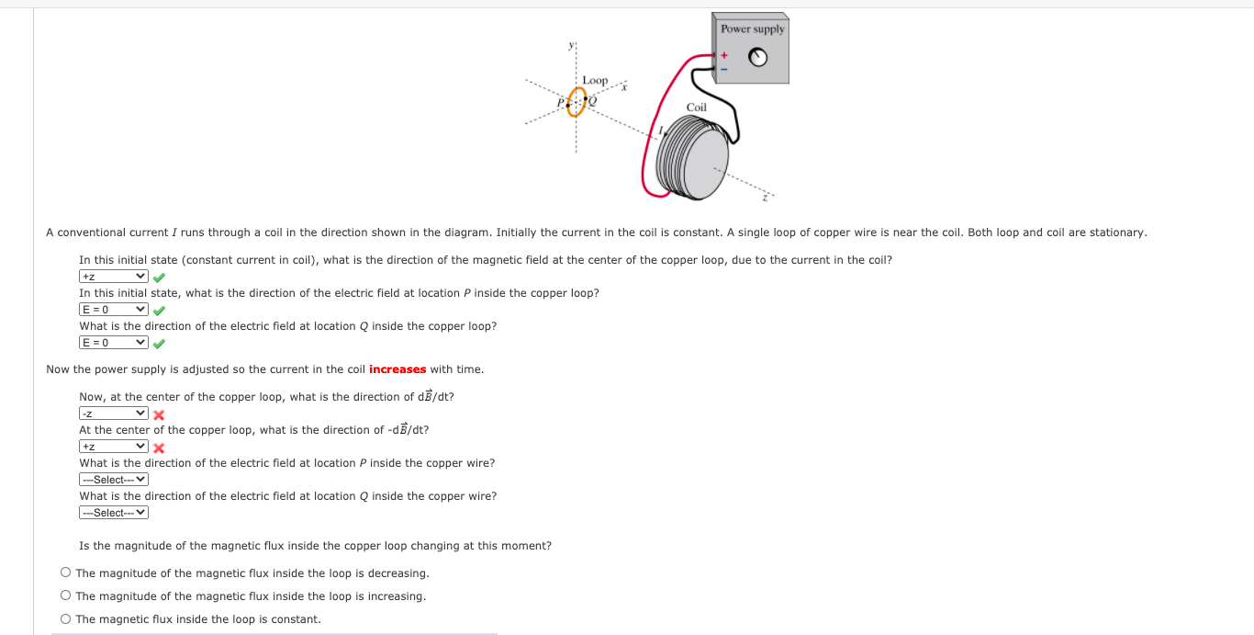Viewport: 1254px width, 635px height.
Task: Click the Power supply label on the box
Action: [x=752, y=29]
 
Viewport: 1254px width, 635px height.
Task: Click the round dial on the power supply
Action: [x=757, y=58]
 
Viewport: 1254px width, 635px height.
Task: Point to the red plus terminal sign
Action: [x=722, y=55]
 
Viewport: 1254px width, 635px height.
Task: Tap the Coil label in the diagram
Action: [x=697, y=108]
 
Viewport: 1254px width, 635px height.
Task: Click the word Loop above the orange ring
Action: [x=594, y=81]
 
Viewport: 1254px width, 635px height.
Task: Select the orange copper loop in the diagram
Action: [x=576, y=101]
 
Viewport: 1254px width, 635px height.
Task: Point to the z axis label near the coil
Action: [x=764, y=196]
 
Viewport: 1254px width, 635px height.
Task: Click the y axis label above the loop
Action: [x=571, y=46]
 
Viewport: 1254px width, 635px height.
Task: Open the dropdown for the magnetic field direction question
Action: [x=113, y=277]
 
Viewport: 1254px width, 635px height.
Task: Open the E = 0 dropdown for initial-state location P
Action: [x=113, y=310]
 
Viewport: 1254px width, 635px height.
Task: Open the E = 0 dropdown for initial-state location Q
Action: [x=113, y=343]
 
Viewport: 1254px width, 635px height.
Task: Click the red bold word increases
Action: [x=397, y=369]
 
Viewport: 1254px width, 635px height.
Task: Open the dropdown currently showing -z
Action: [x=113, y=414]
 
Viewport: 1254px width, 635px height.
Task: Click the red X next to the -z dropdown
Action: [x=159, y=414]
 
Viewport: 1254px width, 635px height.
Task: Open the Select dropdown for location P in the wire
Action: [x=113, y=480]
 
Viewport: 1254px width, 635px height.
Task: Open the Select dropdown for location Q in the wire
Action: [x=113, y=513]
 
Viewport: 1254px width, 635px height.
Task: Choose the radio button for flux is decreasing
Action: [x=66, y=573]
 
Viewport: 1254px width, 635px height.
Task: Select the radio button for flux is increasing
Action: [x=66, y=596]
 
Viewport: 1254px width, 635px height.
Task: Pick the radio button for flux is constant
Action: [x=66, y=619]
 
